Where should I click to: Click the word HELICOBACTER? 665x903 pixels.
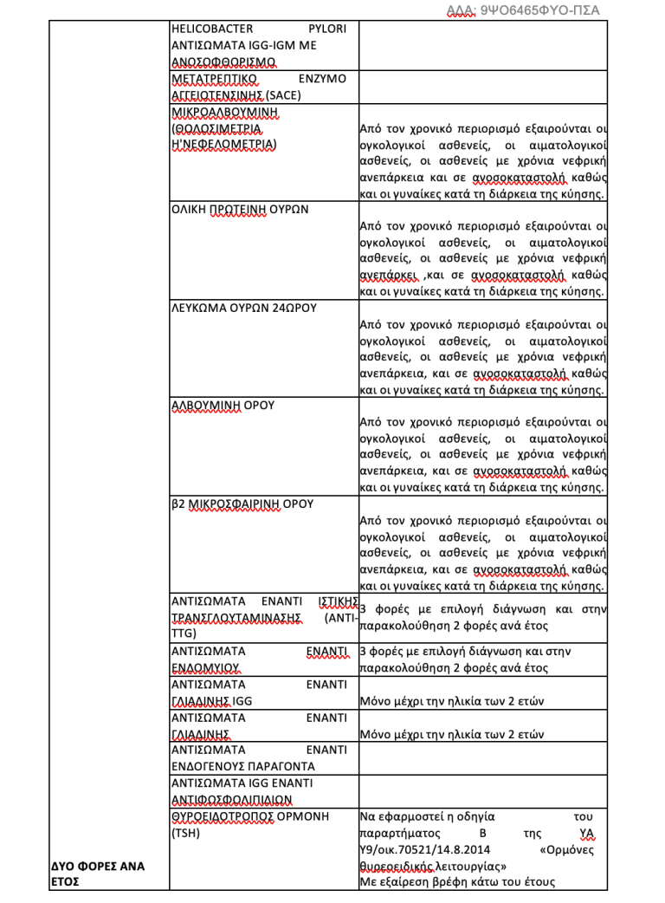(x=209, y=29)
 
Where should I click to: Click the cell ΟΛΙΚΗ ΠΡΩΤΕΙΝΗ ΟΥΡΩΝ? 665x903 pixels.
(x=240, y=210)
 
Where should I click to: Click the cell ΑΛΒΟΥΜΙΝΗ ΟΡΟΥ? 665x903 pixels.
(x=223, y=406)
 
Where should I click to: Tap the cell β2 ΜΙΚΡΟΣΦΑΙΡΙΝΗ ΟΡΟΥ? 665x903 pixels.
(x=242, y=503)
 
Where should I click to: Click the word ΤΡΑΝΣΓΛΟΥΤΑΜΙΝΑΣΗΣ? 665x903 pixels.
(x=236, y=618)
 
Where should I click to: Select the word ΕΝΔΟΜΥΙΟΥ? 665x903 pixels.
(x=205, y=668)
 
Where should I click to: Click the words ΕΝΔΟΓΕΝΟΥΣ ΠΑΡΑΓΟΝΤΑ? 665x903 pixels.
(x=242, y=767)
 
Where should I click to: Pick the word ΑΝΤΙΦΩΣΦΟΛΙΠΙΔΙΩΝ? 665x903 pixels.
(x=231, y=800)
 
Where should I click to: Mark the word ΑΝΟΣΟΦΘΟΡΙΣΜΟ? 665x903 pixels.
(x=223, y=62)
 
